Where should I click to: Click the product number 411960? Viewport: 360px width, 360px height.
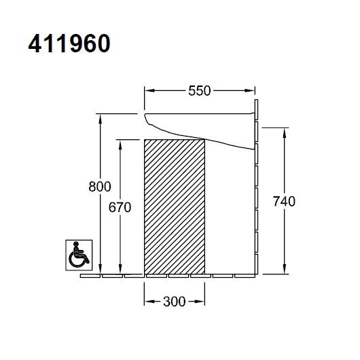[69, 44]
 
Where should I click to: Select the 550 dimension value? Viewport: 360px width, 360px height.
[200, 90]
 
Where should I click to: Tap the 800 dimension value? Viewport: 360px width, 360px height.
[99, 185]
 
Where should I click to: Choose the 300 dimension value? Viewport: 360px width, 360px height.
[175, 302]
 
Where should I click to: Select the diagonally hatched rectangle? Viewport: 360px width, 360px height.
[175, 206]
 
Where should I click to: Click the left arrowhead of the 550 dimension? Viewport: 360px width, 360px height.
[149, 90]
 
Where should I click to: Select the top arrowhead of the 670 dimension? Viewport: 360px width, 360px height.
[120, 143]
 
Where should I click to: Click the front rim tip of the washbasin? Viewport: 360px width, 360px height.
[146, 120]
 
